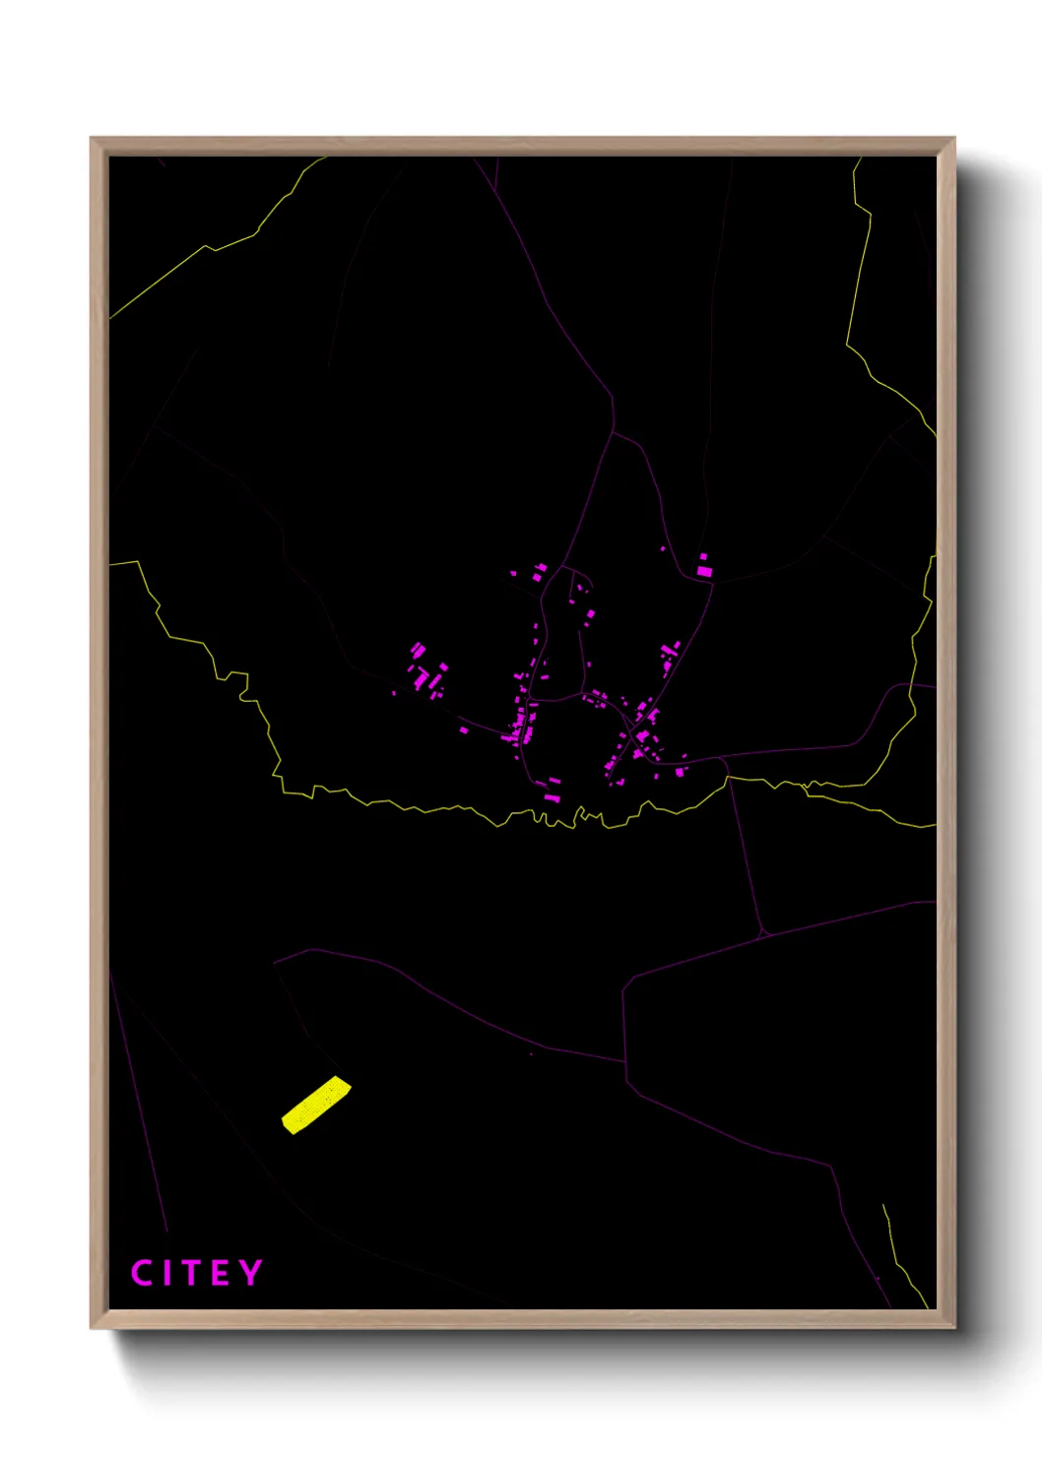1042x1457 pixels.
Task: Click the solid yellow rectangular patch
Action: tap(316, 1105)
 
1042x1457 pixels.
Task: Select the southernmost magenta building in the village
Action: tap(552, 795)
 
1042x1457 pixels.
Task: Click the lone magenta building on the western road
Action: tap(464, 729)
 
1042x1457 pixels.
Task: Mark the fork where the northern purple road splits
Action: tap(614, 431)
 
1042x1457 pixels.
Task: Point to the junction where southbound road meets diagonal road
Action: tap(765, 932)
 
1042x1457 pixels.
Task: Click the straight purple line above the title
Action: tap(138, 1103)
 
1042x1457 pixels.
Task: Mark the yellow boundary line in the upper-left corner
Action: tap(207, 247)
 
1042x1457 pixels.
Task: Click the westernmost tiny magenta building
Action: tap(394, 693)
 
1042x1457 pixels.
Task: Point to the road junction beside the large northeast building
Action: tap(711, 581)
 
